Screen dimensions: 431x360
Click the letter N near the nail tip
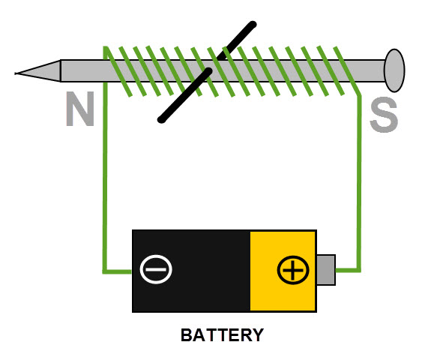click(x=80, y=109)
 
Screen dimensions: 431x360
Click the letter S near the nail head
click(x=384, y=115)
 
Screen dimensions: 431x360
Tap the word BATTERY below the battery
click(x=222, y=335)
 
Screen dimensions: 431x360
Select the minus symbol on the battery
click(x=156, y=269)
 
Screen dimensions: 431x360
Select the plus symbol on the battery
click(x=293, y=270)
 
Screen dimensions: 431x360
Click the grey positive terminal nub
click(x=326, y=270)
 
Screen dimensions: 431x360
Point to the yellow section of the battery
click(x=283, y=271)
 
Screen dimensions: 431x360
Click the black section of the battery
click(x=191, y=271)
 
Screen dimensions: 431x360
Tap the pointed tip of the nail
click(x=16, y=73)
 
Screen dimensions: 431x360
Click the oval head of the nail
click(x=394, y=70)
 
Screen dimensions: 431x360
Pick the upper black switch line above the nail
click(x=237, y=40)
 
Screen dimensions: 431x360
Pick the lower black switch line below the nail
click(x=184, y=95)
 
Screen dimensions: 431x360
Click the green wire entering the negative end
click(x=118, y=271)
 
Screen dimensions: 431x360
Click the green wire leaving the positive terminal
click(x=348, y=270)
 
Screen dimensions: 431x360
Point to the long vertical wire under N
click(x=105, y=176)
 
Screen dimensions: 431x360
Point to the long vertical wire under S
click(x=359, y=183)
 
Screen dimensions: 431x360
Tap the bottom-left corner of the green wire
click(x=105, y=272)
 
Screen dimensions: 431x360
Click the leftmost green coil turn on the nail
click(x=118, y=71)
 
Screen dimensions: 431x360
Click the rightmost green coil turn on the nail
click(x=347, y=71)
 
